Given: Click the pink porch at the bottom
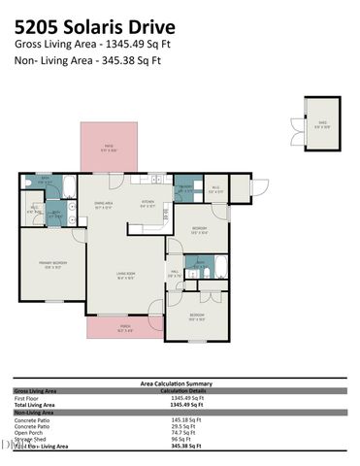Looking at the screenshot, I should (124, 328).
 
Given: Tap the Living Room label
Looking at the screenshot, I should (124, 275).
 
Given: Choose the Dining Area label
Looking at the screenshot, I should (103, 204).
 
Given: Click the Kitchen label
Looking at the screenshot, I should (147, 204).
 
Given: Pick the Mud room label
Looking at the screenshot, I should (217, 190).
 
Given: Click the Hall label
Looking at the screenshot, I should (175, 274).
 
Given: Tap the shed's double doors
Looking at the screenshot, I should (296, 124).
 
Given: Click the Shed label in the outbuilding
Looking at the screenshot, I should (323, 123).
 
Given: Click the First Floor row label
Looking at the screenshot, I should (28, 397).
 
